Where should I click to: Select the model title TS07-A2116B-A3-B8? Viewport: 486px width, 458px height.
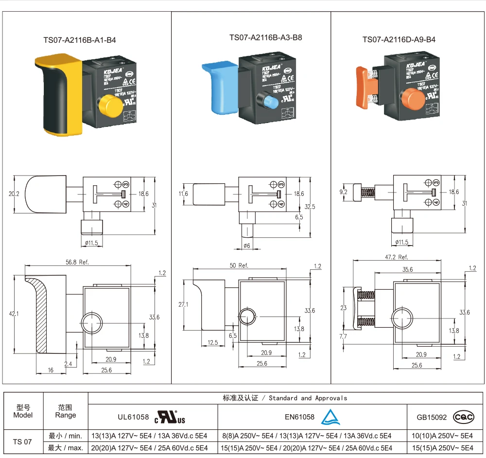click(x=266, y=37)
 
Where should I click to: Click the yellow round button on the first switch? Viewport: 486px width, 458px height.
click(x=109, y=106)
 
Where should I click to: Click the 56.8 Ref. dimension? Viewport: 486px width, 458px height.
click(x=78, y=262)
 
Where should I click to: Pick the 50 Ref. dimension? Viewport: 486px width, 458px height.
click(x=239, y=265)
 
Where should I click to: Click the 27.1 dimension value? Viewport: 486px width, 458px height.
click(x=183, y=304)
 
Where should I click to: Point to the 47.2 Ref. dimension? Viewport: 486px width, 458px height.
click(x=397, y=257)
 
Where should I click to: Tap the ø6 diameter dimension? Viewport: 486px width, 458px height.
click(x=247, y=246)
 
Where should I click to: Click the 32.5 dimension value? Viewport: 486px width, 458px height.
click(x=310, y=206)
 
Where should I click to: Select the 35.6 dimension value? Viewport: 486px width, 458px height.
click(x=408, y=268)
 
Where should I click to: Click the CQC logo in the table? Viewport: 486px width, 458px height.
click(x=463, y=417)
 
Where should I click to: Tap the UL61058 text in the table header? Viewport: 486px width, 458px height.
click(x=133, y=417)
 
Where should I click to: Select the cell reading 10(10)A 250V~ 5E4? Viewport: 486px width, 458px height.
click(x=442, y=436)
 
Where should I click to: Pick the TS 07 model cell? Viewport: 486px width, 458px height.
click(x=22, y=441)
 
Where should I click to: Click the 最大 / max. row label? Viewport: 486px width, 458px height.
click(x=66, y=447)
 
